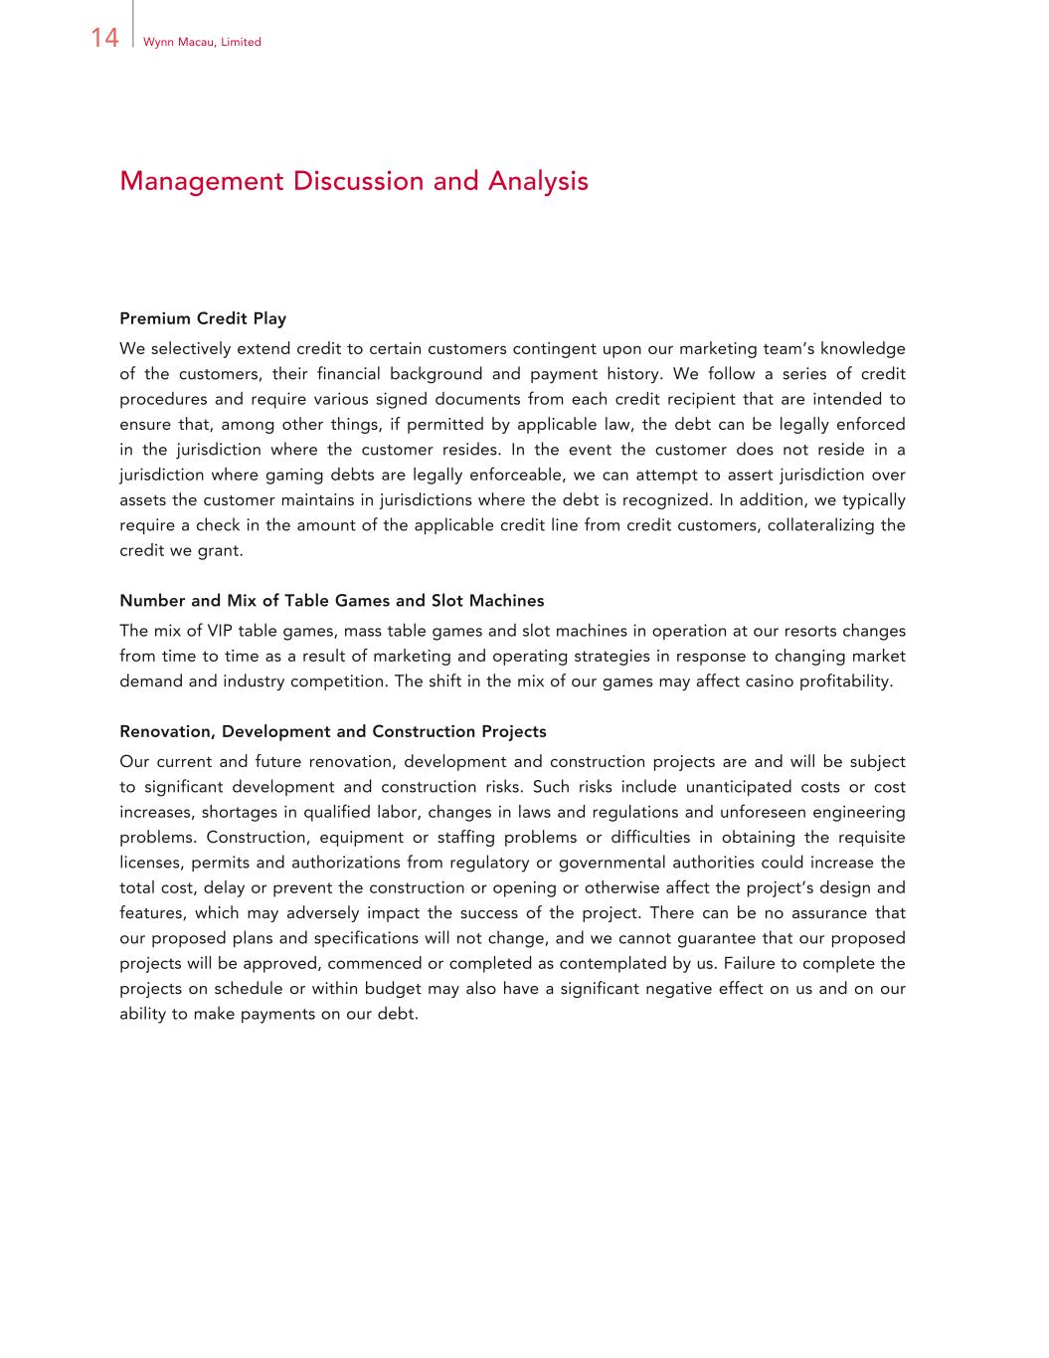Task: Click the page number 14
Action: click(x=104, y=39)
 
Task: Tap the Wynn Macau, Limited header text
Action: click(x=202, y=42)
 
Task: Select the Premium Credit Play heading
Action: click(x=203, y=318)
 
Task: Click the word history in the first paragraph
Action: click(x=631, y=374)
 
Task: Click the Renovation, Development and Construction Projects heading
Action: click(x=332, y=732)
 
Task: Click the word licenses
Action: click(x=150, y=863)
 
